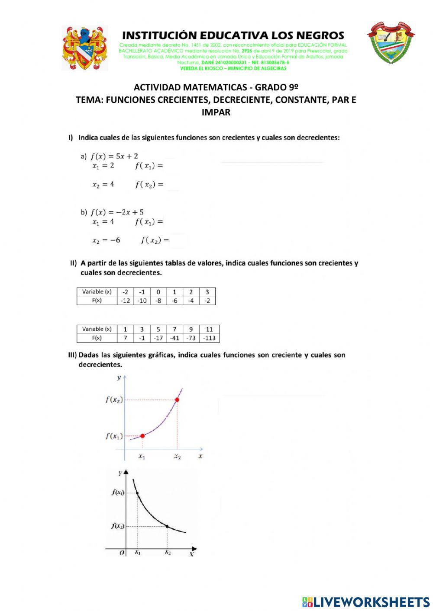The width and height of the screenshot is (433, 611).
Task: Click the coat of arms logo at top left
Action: coord(85,48)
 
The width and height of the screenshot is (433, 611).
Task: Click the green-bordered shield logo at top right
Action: coord(391,43)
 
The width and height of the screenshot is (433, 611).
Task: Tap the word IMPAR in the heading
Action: coord(216,112)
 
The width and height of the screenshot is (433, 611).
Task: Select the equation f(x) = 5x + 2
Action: coord(114,156)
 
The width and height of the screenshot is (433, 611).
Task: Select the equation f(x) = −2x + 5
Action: coord(117,212)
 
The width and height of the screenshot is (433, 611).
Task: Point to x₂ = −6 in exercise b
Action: coord(106,240)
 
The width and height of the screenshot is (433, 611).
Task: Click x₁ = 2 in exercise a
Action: coord(103,166)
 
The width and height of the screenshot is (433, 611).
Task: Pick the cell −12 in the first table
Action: coord(125,301)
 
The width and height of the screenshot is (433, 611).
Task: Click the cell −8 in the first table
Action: coord(158,301)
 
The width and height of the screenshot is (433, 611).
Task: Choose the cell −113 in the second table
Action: coord(209,338)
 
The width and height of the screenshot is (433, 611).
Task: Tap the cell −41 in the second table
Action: coord(174,338)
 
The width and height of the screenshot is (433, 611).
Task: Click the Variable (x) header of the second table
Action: coord(97,329)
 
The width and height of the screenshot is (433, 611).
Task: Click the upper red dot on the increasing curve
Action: coord(177,400)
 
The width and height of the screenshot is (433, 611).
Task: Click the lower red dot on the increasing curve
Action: coord(142,435)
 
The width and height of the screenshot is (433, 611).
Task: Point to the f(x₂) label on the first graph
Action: coord(114,400)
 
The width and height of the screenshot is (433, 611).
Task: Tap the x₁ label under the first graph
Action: coord(142,456)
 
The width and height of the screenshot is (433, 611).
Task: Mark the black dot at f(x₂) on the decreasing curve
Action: coord(168,526)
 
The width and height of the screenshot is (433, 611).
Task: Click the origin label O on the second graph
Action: coord(122,553)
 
